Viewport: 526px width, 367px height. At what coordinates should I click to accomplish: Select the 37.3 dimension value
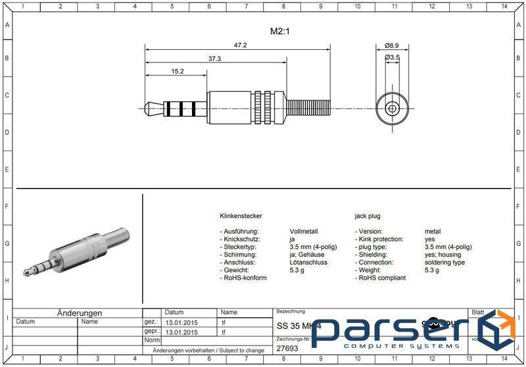coord(215,59)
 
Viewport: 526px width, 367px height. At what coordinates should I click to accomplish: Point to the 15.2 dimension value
coord(177,72)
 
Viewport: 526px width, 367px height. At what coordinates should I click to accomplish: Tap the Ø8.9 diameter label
coord(392,45)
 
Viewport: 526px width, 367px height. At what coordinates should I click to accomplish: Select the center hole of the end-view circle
coord(392,108)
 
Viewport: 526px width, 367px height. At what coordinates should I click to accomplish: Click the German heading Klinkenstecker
coord(241,216)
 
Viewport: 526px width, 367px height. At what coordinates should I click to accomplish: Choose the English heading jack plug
coord(368,216)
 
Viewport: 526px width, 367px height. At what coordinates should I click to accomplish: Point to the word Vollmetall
coord(304,232)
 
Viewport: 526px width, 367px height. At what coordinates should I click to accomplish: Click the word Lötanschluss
coord(308,263)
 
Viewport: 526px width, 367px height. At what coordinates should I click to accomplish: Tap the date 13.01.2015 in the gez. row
coord(182,322)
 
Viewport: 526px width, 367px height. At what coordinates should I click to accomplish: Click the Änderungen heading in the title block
coord(79,313)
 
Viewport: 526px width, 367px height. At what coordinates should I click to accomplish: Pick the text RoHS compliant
coord(381,278)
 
